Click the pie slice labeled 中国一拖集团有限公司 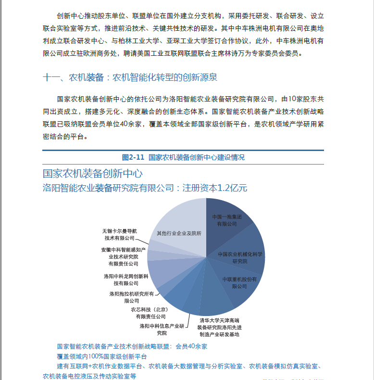pyautogui.click(x=226, y=220)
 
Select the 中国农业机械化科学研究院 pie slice pyautogui.click(x=243, y=257)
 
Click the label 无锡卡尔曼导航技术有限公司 pyautogui.click(x=120, y=234)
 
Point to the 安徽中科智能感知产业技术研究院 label pyautogui.click(x=123, y=257)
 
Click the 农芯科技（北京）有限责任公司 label pyautogui.click(x=150, y=313)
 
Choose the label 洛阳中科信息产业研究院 pyautogui.click(x=162, y=329)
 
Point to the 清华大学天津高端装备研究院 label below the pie pyautogui.click(x=219, y=327)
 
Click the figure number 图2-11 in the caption pyautogui.click(x=133, y=157)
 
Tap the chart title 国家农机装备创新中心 pyautogui.click(x=92, y=174)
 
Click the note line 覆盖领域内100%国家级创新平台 pyautogui.click(x=101, y=356)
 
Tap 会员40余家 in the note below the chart pyautogui.click(x=191, y=346)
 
